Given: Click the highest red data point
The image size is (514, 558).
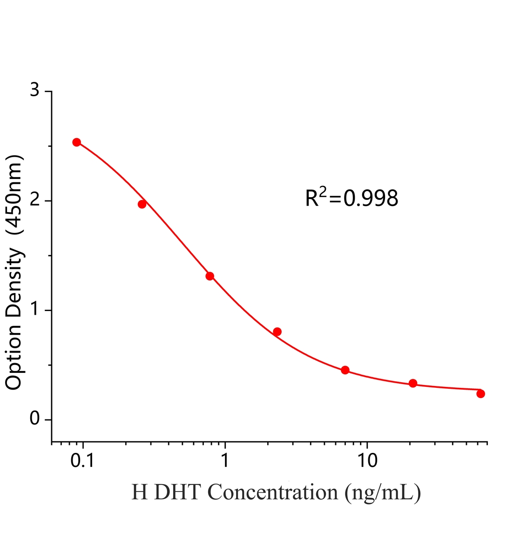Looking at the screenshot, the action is point(77,142).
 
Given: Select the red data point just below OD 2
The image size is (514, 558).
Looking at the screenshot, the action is point(142,204).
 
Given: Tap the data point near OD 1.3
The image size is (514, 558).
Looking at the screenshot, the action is point(210,276).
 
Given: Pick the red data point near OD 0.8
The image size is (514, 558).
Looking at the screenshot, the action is point(277,332).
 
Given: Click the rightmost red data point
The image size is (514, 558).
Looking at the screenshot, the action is point(480,393).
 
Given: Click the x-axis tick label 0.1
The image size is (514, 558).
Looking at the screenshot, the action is point(82,460).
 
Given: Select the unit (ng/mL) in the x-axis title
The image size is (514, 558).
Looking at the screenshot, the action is point(383,501).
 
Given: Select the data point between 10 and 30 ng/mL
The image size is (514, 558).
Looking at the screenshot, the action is point(413,383).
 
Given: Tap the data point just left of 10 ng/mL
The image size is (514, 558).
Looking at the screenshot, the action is point(345,370).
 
